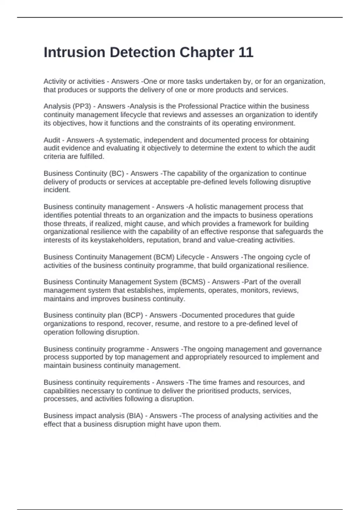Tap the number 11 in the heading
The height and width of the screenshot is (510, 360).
point(246,52)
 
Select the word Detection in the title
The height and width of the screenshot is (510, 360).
point(142,52)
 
